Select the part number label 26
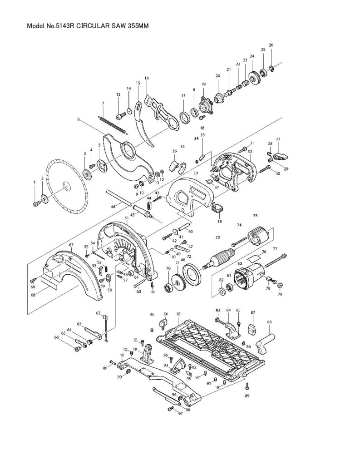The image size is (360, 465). pos(271,45)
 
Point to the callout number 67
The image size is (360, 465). pos(71,245)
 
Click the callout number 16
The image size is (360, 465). pos(147,78)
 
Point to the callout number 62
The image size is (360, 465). pos(98,313)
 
